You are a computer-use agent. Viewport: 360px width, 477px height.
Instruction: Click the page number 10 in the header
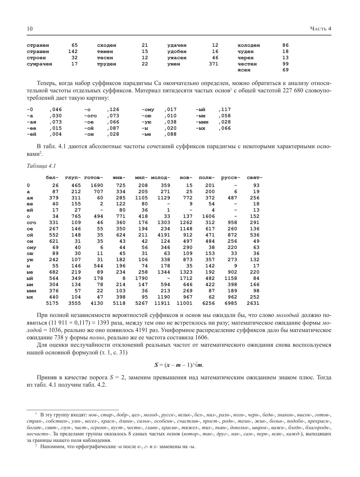pyautogui.click(x=30, y=29)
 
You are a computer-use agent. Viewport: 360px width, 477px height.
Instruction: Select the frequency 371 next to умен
pyautogui.click(x=213, y=64)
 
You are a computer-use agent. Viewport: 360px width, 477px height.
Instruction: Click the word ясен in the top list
pyautogui.click(x=244, y=70)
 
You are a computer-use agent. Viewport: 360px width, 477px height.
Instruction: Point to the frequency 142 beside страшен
pyautogui.click(x=73, y=51)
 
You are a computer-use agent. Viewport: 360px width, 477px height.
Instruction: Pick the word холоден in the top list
pyautogui.click(x=249, y=45)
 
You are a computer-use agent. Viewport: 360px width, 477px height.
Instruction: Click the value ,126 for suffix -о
pyautogui.click(x=113, y=109)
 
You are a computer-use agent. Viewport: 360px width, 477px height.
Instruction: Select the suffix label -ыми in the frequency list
pyautogui.click(x=202, y=122)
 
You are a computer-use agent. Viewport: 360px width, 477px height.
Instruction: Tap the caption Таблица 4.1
pyautogui.click(x=41, y=166)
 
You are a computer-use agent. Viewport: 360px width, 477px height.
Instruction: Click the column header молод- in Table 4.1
pyautogui.click(x=160, y=178)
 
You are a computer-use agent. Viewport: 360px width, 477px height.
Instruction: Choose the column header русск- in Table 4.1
pyautogui.click(x=230, y=178)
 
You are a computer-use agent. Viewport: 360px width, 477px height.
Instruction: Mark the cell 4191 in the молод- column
pyautogui.click(x=164, y=235)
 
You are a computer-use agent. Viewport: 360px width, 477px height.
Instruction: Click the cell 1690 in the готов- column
pyautogui.click(x=97, y=185)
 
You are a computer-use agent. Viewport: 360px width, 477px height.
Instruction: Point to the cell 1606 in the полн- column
pyautogui.click(x=209, y=216)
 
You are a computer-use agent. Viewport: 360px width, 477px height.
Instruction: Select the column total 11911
pyautogui.click(x=162, y=303)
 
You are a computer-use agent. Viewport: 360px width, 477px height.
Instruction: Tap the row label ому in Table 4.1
pyautogui.click(x=31, y=247)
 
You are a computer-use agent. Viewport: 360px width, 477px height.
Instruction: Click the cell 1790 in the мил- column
pyautogui.click(x=141, y=278)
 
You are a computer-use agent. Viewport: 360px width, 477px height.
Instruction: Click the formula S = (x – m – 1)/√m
pyautogui.click(x=179, y=365)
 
